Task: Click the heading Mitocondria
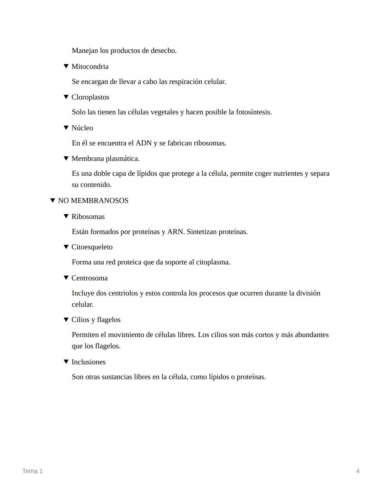90,67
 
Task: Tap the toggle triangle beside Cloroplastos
66,97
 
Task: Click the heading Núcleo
82,128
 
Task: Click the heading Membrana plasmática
105,158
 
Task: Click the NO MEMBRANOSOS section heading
93,201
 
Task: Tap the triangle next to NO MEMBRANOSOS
52,201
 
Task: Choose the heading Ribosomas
88,216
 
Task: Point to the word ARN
175,232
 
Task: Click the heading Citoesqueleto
92,247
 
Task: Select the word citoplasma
213,262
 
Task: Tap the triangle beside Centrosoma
66,278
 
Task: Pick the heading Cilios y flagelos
96,320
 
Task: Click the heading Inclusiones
88,362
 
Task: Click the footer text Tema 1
33,471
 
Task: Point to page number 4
358,471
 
